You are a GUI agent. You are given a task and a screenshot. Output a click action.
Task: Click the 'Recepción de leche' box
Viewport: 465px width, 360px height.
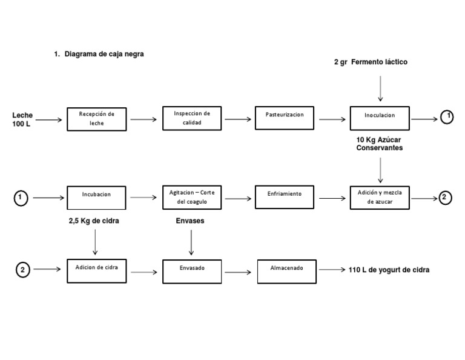tap(96, 118)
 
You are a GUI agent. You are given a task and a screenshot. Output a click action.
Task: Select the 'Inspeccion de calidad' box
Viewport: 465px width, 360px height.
tap(191, 118)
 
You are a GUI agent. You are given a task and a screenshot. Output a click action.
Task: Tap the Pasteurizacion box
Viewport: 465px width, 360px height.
tap(285, 118)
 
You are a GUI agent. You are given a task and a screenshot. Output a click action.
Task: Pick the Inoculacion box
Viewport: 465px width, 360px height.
tap(380, 118)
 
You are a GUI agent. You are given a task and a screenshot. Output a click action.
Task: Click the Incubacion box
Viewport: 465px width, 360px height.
tap(96, 198)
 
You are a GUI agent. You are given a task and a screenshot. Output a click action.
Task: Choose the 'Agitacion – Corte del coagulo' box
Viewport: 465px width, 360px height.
tap(192, 197)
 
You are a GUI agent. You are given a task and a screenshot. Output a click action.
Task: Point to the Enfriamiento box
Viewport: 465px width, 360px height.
tap(285, 197)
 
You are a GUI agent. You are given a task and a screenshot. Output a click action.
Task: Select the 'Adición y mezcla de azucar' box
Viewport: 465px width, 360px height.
tap(380, 197)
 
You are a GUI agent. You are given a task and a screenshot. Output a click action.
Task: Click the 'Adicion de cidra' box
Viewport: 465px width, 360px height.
tap(96, 270)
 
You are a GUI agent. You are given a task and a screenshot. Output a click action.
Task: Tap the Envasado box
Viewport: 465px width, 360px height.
tap(192, 271)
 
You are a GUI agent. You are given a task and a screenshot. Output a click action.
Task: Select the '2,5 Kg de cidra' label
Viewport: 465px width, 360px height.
tap(94, 221)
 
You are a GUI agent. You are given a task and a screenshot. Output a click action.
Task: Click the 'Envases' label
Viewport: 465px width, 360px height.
tap(190, 221)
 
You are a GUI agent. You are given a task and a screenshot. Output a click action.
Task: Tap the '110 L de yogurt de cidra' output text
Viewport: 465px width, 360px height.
tap(389, 270)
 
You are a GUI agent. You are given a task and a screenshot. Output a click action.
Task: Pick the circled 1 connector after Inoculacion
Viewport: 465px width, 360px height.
tap(447, 116)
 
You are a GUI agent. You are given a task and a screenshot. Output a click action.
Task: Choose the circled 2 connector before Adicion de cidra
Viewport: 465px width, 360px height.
tap(22, 270)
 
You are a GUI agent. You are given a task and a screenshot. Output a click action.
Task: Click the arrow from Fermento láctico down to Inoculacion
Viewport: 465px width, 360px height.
tap(380, 88)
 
